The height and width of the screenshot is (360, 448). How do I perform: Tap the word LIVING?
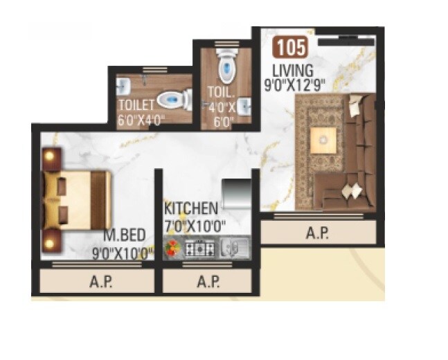(293, 70)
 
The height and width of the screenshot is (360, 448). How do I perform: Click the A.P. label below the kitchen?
(208, 282)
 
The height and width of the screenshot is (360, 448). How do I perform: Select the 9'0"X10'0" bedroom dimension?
(122, 252)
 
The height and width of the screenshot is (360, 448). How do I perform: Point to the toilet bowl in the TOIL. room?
(226, 67)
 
